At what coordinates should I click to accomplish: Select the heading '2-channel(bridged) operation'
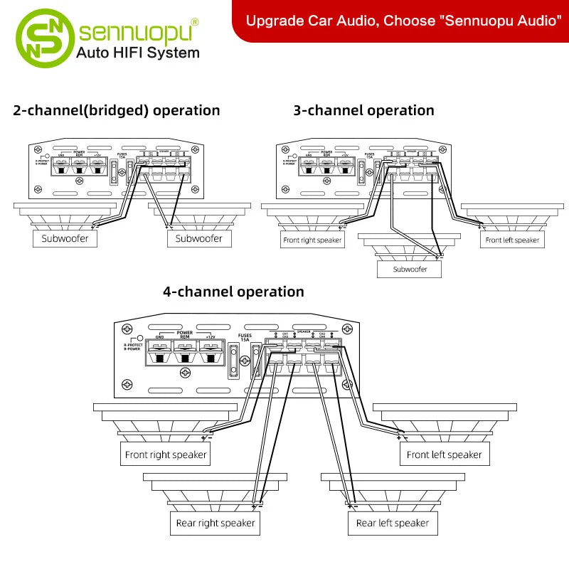[x=117, y=110]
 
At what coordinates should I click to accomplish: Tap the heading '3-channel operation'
[x=363, y=110]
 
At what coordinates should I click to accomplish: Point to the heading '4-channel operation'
[x=233, y=292]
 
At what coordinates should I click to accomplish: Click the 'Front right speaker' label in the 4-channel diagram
[x=166, y=454]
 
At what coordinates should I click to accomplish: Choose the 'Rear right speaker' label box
[x=216, y=523]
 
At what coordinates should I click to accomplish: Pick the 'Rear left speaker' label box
[x=393, y=523]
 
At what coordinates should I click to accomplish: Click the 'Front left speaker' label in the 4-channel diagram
[x=445, y=454]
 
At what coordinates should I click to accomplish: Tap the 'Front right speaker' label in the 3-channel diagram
[x=312, y=240]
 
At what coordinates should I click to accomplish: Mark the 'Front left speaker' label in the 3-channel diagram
[x=512, y=240]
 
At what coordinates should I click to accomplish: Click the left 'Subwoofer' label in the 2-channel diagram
[x=65, y=239]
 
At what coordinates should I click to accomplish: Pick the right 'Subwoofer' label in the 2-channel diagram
[x=199, y=239]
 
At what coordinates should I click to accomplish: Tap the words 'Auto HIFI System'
[x=137, y=53]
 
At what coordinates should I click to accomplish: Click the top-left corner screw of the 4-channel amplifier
[x=127, y=329]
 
